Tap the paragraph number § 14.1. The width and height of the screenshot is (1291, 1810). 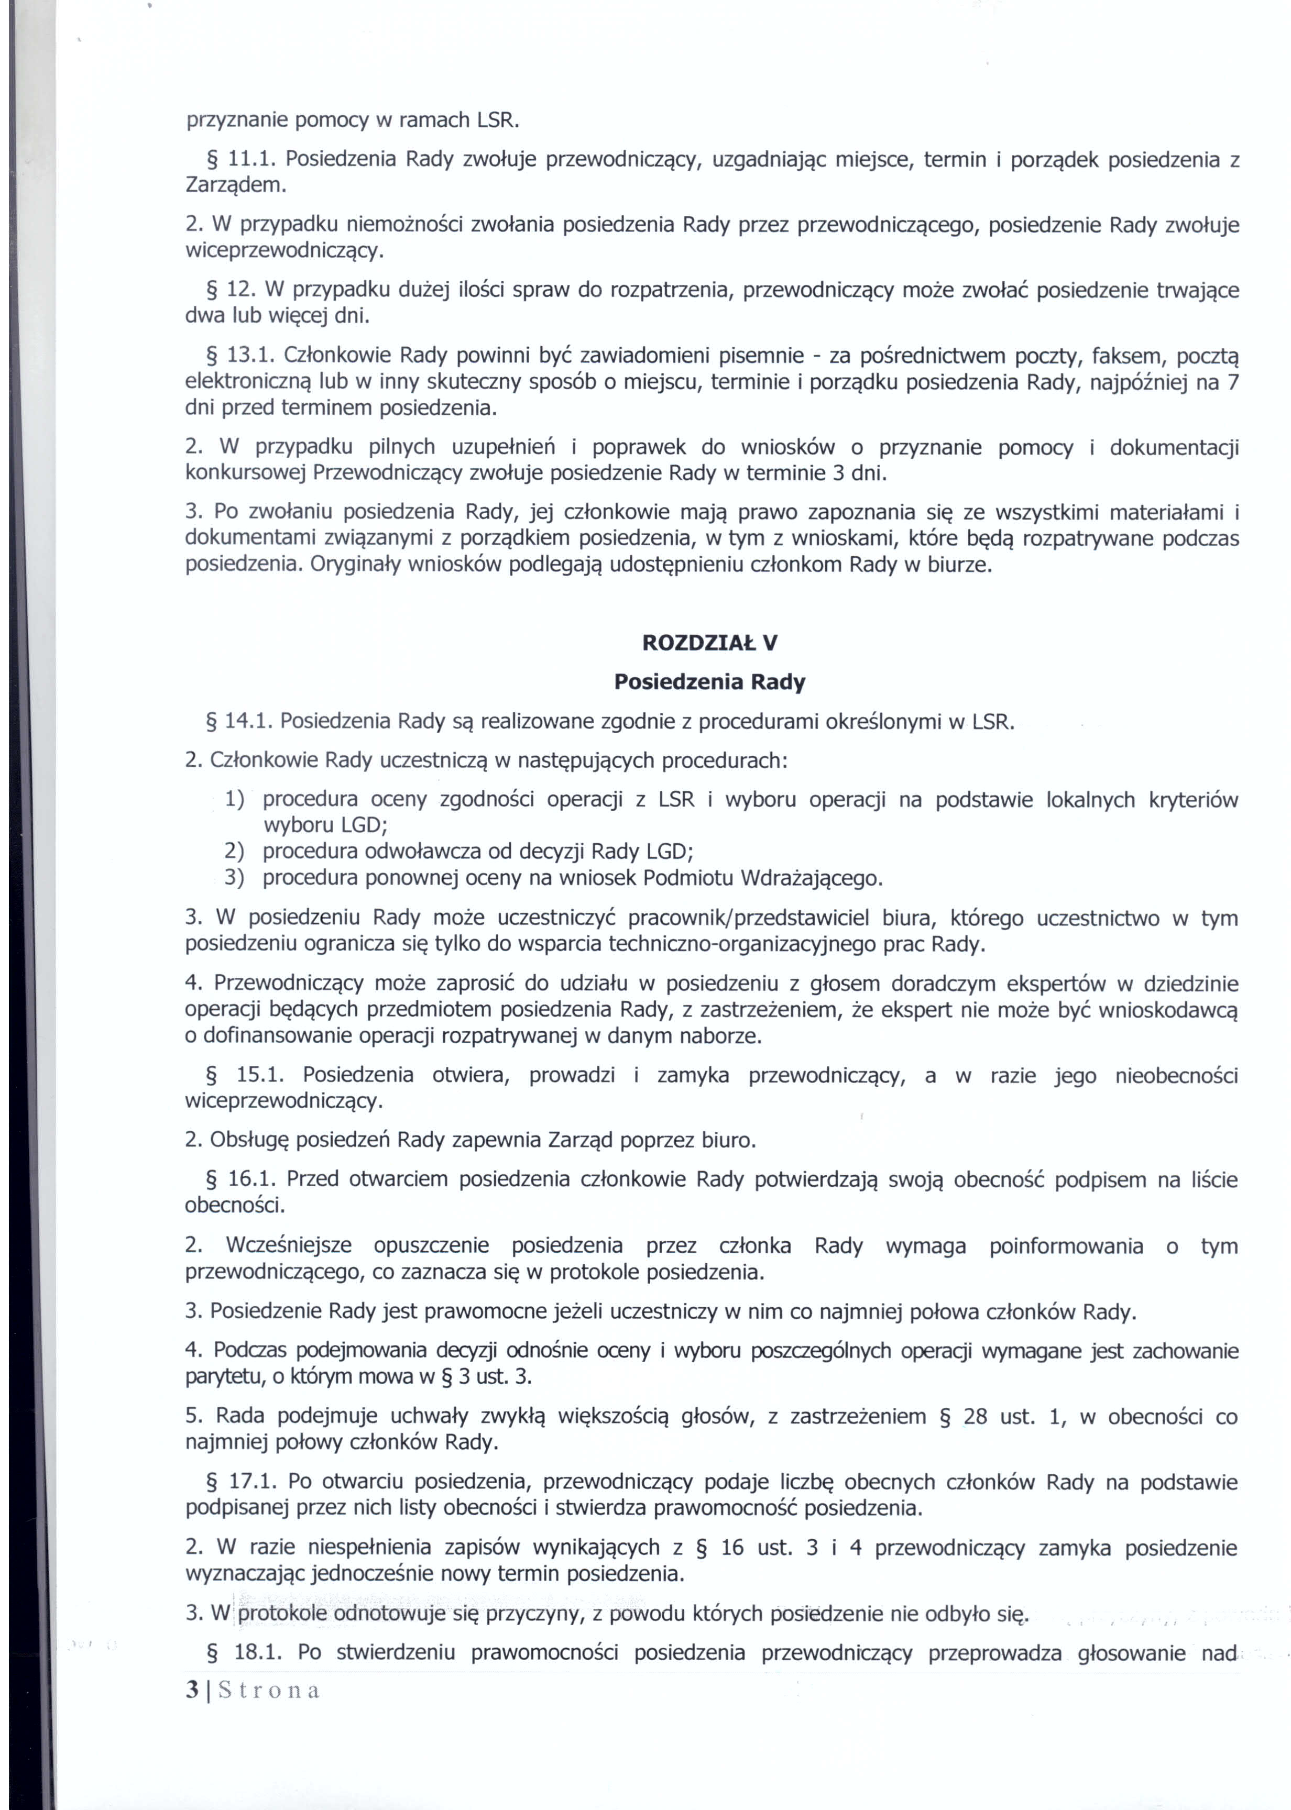238,722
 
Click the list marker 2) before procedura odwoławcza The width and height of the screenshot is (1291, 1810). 234,852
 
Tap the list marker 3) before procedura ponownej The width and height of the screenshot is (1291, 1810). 234,878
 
